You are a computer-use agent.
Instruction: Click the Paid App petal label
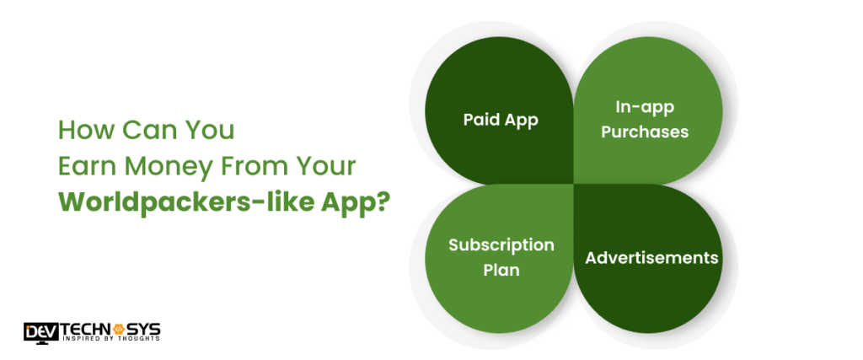[501, 120]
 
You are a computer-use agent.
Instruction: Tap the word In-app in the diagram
[644, 109]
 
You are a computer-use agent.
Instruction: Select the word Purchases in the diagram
[644, 132]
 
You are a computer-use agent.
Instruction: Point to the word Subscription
[501, 245]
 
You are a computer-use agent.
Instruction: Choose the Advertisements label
[651, 257]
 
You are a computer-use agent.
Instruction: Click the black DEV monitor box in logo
[39, 329]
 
